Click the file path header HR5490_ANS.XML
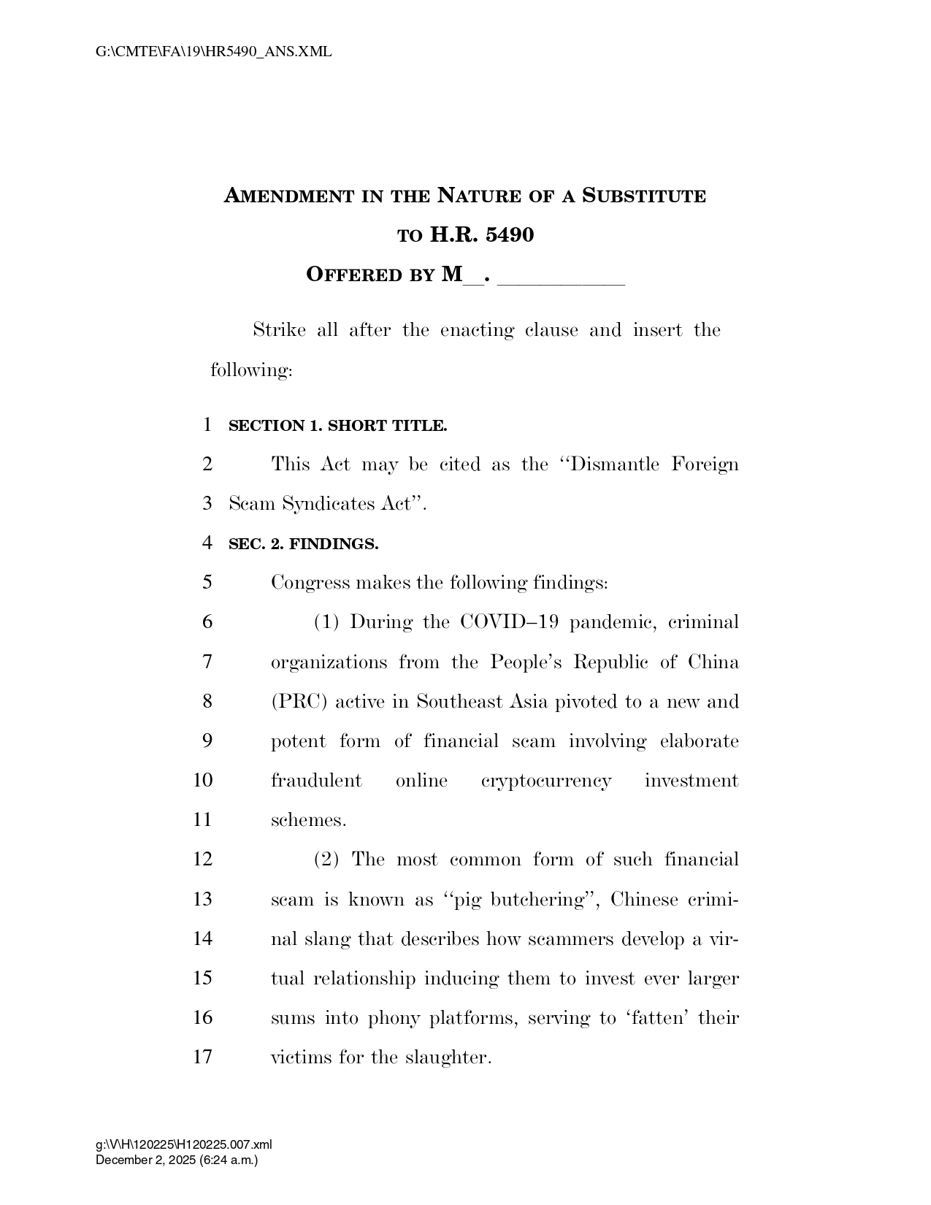[x=213, y=52]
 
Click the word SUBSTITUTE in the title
[x=643, y=196]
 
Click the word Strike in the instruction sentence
[x=279, y=331]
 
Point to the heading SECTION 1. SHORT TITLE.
[x=337, y=426]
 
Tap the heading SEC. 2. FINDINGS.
[x=303, y=544]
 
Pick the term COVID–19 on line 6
[x=510, y=623]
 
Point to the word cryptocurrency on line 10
[x=546, y=781]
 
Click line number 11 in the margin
[x=202, y=820]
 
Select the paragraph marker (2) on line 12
[x=326, y=860]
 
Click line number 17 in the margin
[x=202, y=1057]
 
